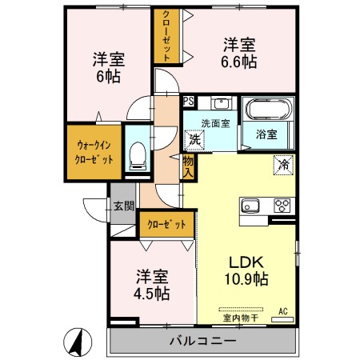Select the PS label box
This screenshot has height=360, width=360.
(x=188, y=101)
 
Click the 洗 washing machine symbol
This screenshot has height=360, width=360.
(x=194, y=139)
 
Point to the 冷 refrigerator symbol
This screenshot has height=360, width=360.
(x=283, y=165)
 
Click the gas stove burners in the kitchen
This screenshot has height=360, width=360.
(x=282, y=205)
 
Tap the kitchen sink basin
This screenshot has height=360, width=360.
(x=251, y=205)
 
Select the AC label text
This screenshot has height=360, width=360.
(x=282, y=310)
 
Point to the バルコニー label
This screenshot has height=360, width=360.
(x=202, y=342)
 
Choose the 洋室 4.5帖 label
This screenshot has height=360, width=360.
(x=151, y=285)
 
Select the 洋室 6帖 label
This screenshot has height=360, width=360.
(x=107, y=67)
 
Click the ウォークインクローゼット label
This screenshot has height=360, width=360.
(x=95, y=152)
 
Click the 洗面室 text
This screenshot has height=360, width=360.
(x=215, y=123)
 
